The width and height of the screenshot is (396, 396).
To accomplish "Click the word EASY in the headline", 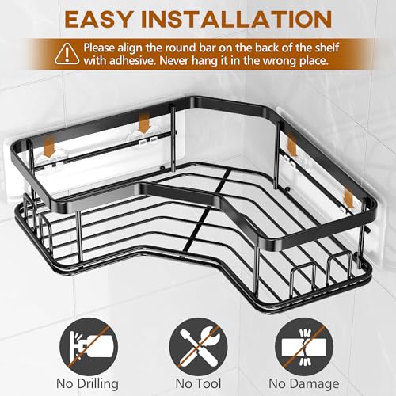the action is tap(99, 19).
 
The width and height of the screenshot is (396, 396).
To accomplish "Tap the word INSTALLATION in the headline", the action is tap(237, 19).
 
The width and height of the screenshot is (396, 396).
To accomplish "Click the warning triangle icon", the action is tap(67, 54).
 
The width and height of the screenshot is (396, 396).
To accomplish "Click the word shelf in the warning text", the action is tap(325, 48).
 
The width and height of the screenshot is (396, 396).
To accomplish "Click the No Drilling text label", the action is tap(87, 384).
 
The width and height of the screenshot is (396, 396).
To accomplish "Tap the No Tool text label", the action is tap(198, 383).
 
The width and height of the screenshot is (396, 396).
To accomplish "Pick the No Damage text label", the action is tap(304, 384).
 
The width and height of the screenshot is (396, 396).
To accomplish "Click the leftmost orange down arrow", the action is tap(49, 148).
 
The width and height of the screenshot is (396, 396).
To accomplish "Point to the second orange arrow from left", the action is tap(144, 124).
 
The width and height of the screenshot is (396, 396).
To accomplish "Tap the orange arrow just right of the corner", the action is tap(291, 145).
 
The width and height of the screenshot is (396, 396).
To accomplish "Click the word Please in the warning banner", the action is tap(99, 48).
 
